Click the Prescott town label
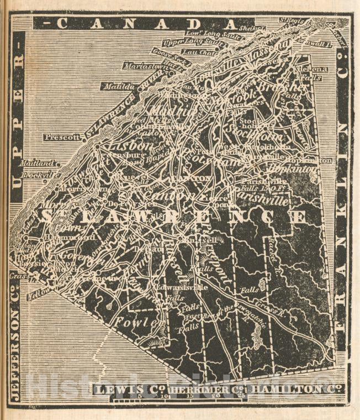pyautogui.click(x=62, y=137)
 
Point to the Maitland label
pyautogui.click(x=38, y=164)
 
